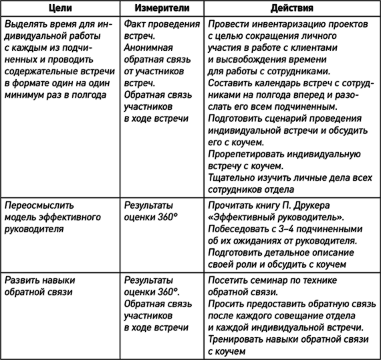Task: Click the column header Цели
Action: [x=60, y=8]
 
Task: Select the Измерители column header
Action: [x=162, y=8]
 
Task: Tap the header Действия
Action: [x=292, y=8]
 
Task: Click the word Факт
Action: [x=134, y=24]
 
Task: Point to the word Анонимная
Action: [x=148, y=48]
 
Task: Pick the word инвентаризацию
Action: [x=285, y=24]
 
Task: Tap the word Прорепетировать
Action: [x=246, y=154]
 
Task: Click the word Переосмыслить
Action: [x=39, y=205]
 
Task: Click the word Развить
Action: [x=21, y=280]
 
